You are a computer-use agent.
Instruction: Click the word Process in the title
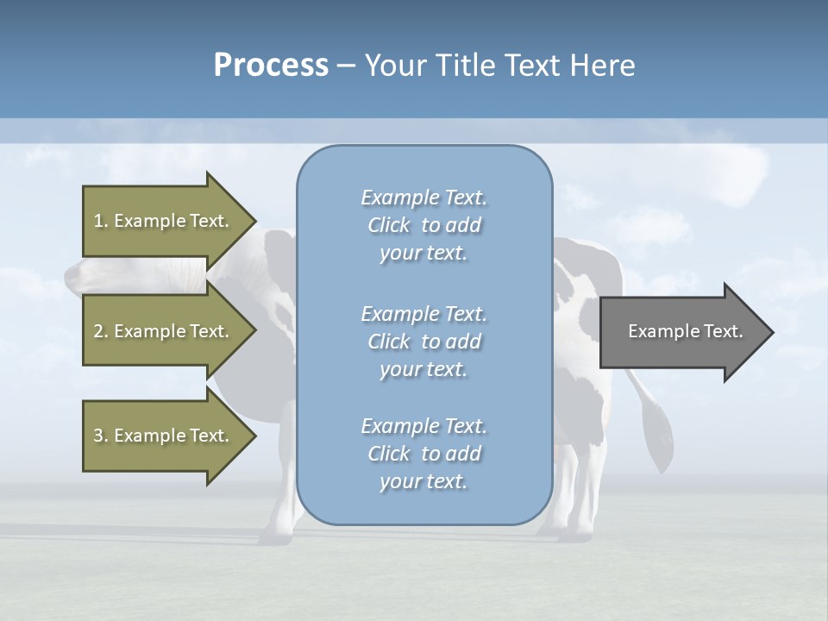(x=271, y=66)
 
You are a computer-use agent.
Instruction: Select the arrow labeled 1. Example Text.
(x=164, y=221)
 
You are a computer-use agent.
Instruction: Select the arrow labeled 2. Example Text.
(x=164, y=331)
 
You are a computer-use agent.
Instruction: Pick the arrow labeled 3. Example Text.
(x=164, y=436)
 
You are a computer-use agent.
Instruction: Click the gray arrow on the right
(x=681, y=332)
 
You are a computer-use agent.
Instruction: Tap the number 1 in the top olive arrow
(x=97, y=221)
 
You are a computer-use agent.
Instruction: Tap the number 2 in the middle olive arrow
(x=97, y=331)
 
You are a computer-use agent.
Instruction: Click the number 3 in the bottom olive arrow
(x=97, y=436)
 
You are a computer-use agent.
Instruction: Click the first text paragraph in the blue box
(x=423, y=225)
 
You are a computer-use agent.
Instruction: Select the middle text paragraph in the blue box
(x=423, y=342)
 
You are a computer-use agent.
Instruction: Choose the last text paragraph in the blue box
(x=423, y=454)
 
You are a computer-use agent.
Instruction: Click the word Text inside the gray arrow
(x=723, y=331)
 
